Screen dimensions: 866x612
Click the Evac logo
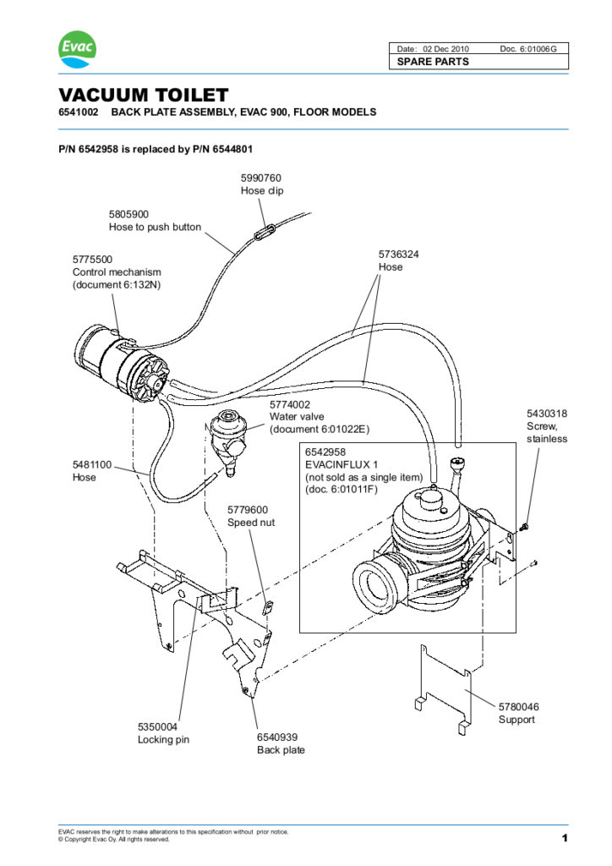coord(77,49)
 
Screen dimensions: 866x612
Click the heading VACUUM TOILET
coord(143,95)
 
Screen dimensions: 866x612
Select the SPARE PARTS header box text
coord(433,62)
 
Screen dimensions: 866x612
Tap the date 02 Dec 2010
coord(450,48)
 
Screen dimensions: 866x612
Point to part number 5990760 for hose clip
coord(261,178)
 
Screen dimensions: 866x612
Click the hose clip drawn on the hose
coord(265,228)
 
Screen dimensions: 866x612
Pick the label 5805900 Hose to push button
coord(155,221)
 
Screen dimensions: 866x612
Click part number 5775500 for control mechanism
coord(92,260)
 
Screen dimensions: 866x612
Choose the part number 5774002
coord(290,405)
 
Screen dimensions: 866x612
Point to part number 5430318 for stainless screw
coord(547,414)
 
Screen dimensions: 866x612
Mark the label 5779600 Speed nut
coord(251,516)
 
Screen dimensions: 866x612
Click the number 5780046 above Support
coord(518,706)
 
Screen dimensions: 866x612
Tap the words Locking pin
coord(163,740)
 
